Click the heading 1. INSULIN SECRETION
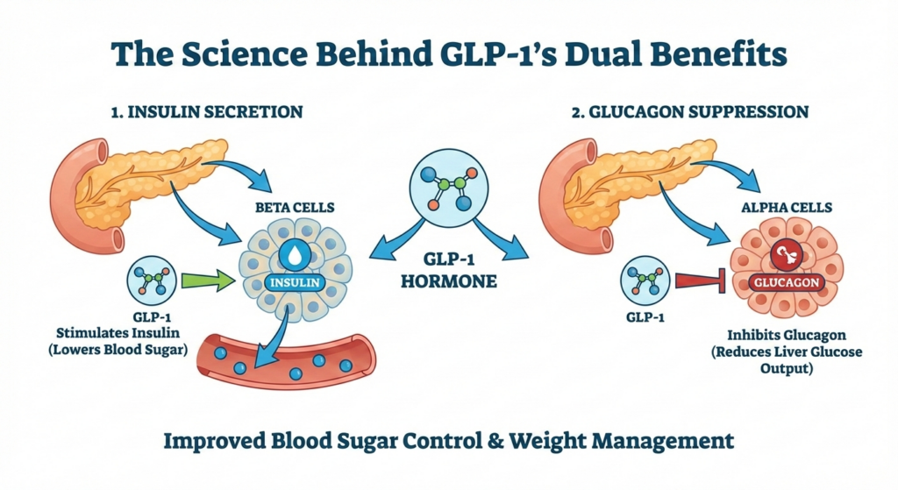coord(207,112)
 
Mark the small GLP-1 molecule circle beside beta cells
coord(152,281)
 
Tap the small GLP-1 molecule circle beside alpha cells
coord(645,281)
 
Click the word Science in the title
coord(242,55)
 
